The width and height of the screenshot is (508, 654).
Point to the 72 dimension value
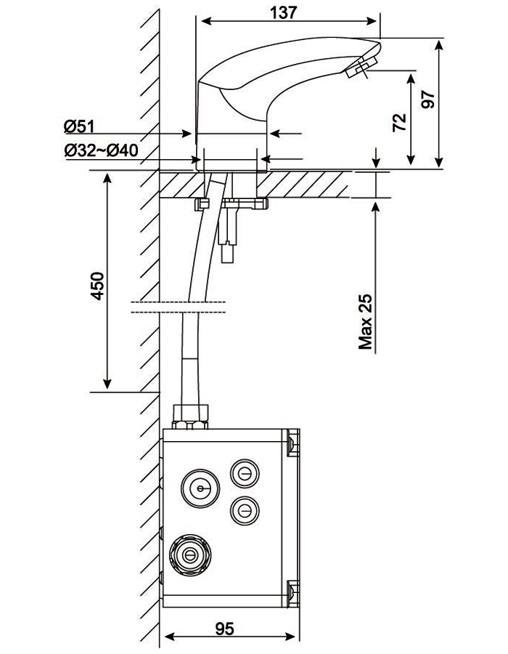pos(398,121)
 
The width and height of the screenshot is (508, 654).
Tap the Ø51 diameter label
pos(80,126)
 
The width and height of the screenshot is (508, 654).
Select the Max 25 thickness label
pos(365,322)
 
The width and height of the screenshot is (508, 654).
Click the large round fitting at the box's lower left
pos(190,555)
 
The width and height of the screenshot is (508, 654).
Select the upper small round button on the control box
pos(243,474)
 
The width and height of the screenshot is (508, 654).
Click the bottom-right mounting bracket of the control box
pos(293,592)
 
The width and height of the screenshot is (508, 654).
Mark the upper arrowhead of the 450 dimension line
pos(107,179)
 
